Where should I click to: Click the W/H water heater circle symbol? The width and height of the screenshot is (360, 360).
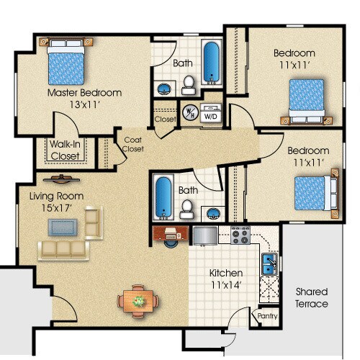pos(190,112)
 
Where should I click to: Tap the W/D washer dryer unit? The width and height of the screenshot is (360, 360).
pos(210,113)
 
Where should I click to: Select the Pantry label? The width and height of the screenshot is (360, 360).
pos(267,316)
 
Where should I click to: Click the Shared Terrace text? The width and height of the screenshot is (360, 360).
pos(312,298)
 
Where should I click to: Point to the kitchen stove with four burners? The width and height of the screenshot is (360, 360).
pos(240,235)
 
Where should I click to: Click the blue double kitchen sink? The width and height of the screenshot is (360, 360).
pos(269,264)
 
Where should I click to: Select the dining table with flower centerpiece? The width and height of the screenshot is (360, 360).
pos(138,301)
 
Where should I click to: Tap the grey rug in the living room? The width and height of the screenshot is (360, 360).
pos(63,227)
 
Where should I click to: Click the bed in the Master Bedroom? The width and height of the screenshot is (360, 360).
pos(66,61)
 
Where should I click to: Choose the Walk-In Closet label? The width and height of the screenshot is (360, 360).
pos(65,150)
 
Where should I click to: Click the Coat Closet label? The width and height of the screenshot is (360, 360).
pos(133,144)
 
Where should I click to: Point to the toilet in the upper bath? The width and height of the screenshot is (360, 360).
pos(189,85)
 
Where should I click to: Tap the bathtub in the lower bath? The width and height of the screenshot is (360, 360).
pos(163,197)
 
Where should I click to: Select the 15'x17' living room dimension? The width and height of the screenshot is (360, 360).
pos(57,208)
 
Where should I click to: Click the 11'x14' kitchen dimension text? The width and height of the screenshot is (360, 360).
pos(226,285)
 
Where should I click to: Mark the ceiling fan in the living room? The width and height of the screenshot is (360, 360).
pos(61,179)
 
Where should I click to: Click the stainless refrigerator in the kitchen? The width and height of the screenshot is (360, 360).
pos(205,235)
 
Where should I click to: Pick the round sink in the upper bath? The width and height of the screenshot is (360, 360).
pos(164,89)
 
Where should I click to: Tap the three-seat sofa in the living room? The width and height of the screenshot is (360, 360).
pos(63,251)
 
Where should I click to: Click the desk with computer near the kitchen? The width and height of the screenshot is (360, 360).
pos(171,233)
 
